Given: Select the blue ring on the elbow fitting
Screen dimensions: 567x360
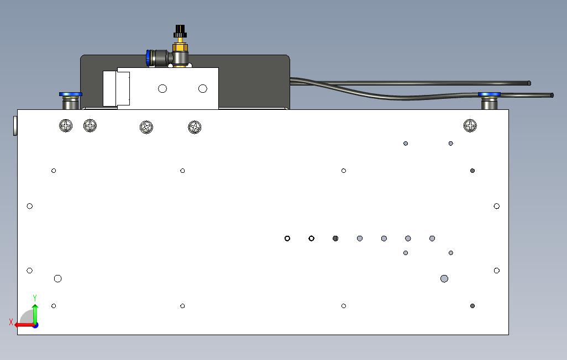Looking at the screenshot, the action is click(148, 57).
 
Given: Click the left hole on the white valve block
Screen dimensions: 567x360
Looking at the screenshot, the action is click(162, 88).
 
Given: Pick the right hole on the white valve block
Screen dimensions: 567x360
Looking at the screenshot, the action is click(202, 88).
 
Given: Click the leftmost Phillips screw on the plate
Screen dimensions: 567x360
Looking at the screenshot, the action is click(66, 126).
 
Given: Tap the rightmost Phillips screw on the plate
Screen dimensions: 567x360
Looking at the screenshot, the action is click(470, 126).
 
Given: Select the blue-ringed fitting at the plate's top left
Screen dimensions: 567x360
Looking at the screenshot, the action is click(70, 100).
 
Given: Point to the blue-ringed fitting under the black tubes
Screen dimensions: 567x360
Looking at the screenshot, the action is click(489, 100).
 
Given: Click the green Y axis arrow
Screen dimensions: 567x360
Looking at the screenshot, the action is click(35, 313).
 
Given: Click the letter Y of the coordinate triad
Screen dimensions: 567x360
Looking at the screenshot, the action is click(35, 298).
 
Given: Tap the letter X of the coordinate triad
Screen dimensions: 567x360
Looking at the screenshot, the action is click(11, 322).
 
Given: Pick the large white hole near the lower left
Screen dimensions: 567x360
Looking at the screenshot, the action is click(57, 278).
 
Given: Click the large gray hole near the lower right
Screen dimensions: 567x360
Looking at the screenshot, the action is click(444, 278).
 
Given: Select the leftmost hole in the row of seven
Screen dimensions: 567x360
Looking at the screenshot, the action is click(287, 239).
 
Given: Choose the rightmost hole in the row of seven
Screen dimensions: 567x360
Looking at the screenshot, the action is click(432, 239).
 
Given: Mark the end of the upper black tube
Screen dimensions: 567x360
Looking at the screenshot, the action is click(528, 83).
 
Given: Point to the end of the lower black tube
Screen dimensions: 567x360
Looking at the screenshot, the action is click(552, 96).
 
